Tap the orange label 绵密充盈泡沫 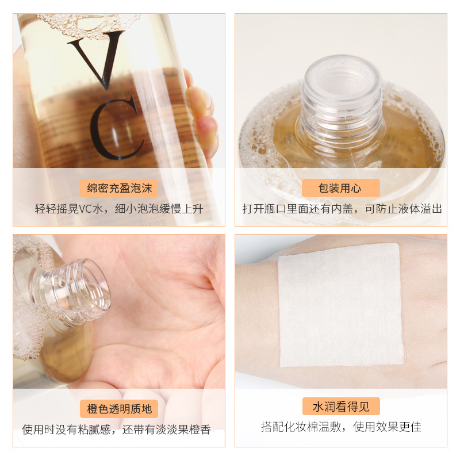coord(119,188)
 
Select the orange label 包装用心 coord(340,188)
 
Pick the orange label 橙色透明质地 coord(119,409)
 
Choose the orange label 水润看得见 coord(340,407)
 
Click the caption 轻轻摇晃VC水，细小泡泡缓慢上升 coord(118,209)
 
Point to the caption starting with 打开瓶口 coord(342,209)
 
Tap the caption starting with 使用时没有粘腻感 coord(116,430)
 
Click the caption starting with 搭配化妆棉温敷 coord(341,427)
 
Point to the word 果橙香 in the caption coord(194,430)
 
